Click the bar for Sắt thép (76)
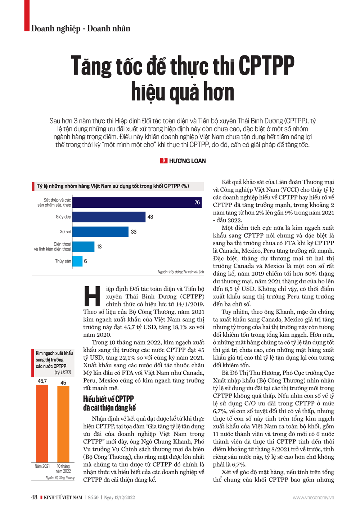pyautogui.click(x=137, y=203)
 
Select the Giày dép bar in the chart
pyautogui.click(x=109, y=217)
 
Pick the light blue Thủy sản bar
pyautogui.click(x=77, y=261)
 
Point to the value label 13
pyautogui.click(x=99, y=247)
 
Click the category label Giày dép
pyautogui.click(x=63, y=217)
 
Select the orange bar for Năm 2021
pyautogui.click(x=42, y=423)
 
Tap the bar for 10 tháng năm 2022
pyautogui.click(x=63, y=424)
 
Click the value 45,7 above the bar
pyautogui.click(x=42, y=381)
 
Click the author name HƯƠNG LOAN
pyautogui.click(x=187, y=161)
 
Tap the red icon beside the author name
pyautogui.click(x=163, y=161)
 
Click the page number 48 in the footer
pyautogui.click(x=34, y=497)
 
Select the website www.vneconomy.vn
pyautogui.click(x=313, y=498)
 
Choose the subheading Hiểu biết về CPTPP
pyautogui.click(x=108, y=399)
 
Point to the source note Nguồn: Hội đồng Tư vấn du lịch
pyautogui.click(x=181, y=272)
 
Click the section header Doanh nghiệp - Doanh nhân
pyautogui.click(x=81, y=28)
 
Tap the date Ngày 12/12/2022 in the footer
pyautogui.click(x=120, y=498)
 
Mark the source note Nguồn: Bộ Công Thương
pyautogui.click(x=60, y=478)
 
